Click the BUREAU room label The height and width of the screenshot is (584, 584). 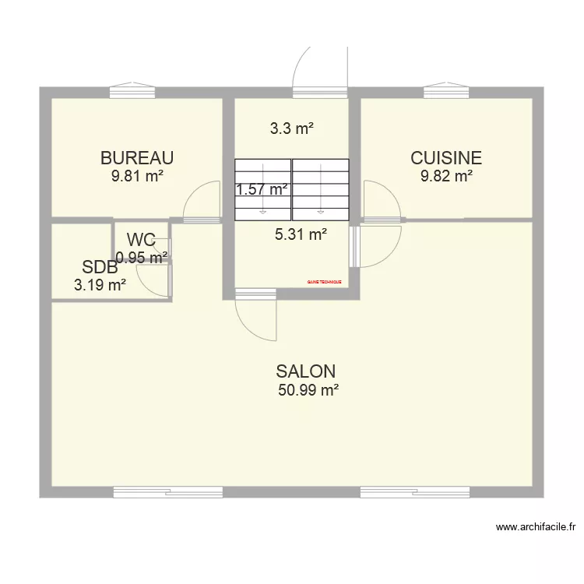click(136, 158)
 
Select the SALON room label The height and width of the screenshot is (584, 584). click(306, 371)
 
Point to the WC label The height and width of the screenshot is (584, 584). click(142, 239)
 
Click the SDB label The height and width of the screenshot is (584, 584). click(100, 268)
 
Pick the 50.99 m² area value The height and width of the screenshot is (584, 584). click(308, 391)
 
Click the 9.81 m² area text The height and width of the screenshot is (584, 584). click(137, 177)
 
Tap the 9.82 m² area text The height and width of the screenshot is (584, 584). click(447, 177)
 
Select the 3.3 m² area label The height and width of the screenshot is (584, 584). click(292, 129)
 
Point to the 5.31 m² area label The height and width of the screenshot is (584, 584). click(301, 233)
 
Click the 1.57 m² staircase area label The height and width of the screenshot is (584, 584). click(262, 189)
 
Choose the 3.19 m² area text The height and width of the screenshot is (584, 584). click(100, 285)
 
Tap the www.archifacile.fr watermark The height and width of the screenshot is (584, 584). click(536, 527)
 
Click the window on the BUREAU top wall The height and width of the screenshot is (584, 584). click(132, 92)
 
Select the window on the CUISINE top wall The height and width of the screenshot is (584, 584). click(447, 92)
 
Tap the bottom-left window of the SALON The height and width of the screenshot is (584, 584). click(168, 492)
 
